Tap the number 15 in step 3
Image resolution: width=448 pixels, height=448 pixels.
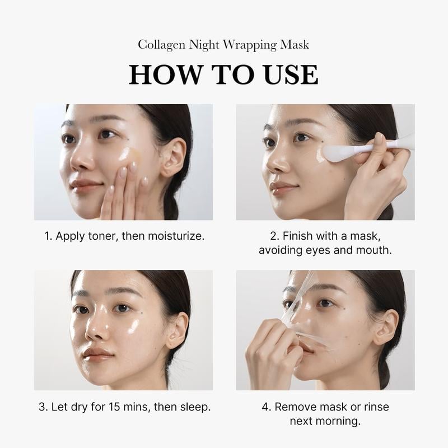[115, 407]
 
